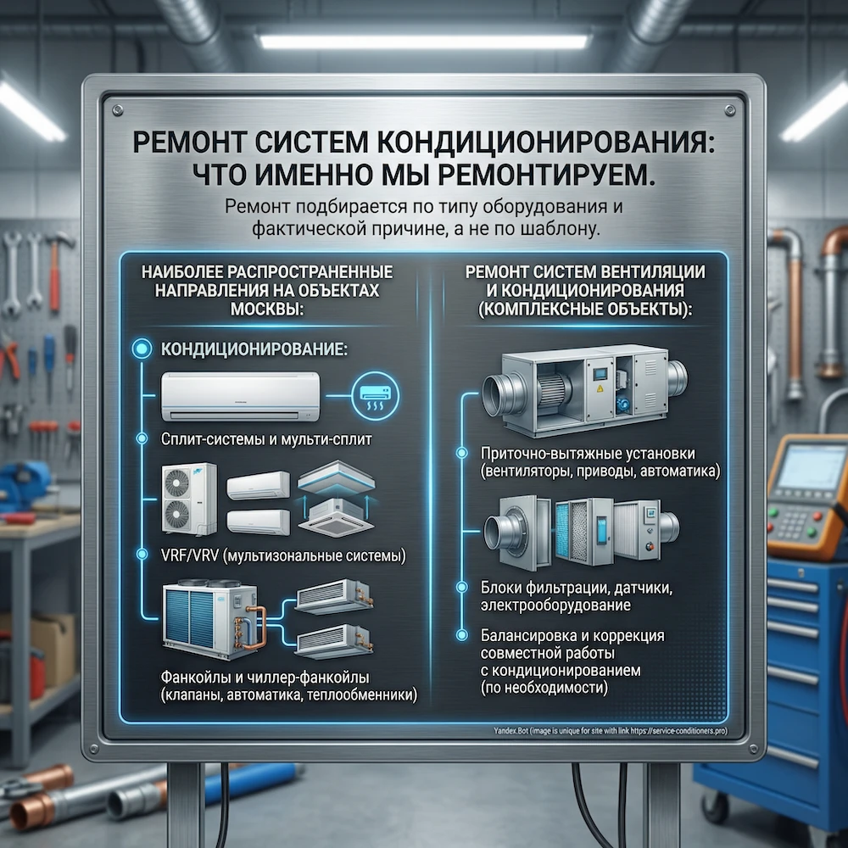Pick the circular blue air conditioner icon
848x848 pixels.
tap(375, 393)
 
